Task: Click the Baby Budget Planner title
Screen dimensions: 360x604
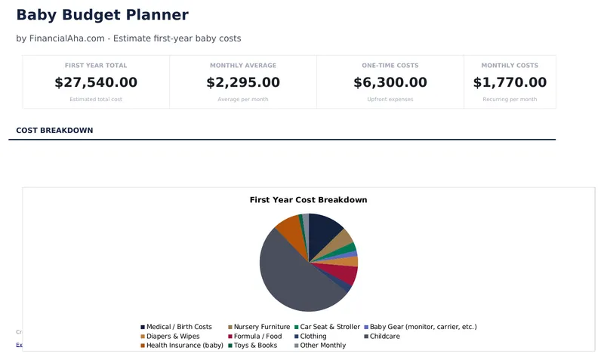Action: (x=102, y=15)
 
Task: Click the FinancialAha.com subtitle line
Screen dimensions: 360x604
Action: (x=128, y=38)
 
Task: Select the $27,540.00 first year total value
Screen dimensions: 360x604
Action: (x=96, y=82)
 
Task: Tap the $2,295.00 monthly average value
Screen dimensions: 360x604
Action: (x=242, y=82)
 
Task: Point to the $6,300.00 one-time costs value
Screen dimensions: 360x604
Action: (x=390, y=82)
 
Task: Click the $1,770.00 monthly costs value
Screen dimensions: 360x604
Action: (x=510, y=82)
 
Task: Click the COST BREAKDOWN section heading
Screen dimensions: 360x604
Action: (x=54, y=131)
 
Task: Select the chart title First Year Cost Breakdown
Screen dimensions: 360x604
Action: (x=308, y=200)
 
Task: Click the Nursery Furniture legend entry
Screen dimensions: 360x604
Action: (x=261, y=328)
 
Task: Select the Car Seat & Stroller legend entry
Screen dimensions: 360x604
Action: (x=330, y=328)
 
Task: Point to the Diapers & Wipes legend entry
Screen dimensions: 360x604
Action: (x=173, y=337)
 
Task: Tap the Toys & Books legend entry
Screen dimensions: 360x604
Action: (x=255, y=346)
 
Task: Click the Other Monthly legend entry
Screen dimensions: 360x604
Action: (x=322, y=346)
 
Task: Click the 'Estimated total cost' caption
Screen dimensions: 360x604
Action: (x=96, y=100)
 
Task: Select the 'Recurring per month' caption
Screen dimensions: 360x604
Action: (x=510, y=100)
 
